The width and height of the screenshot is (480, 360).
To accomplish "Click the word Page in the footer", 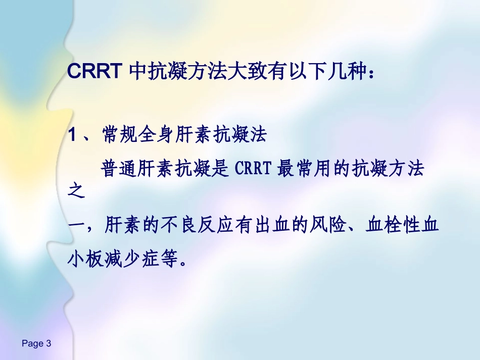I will coord(32,344).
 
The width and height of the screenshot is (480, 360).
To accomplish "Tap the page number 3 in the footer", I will coord(49,344).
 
